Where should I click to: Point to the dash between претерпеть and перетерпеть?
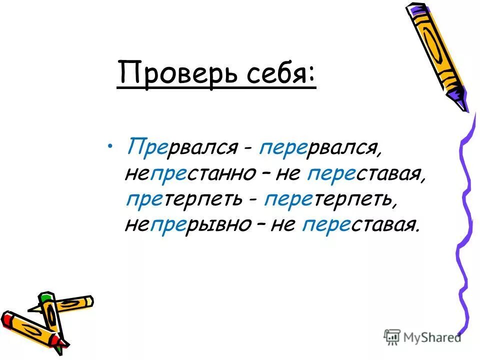click(x=254, y=201)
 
